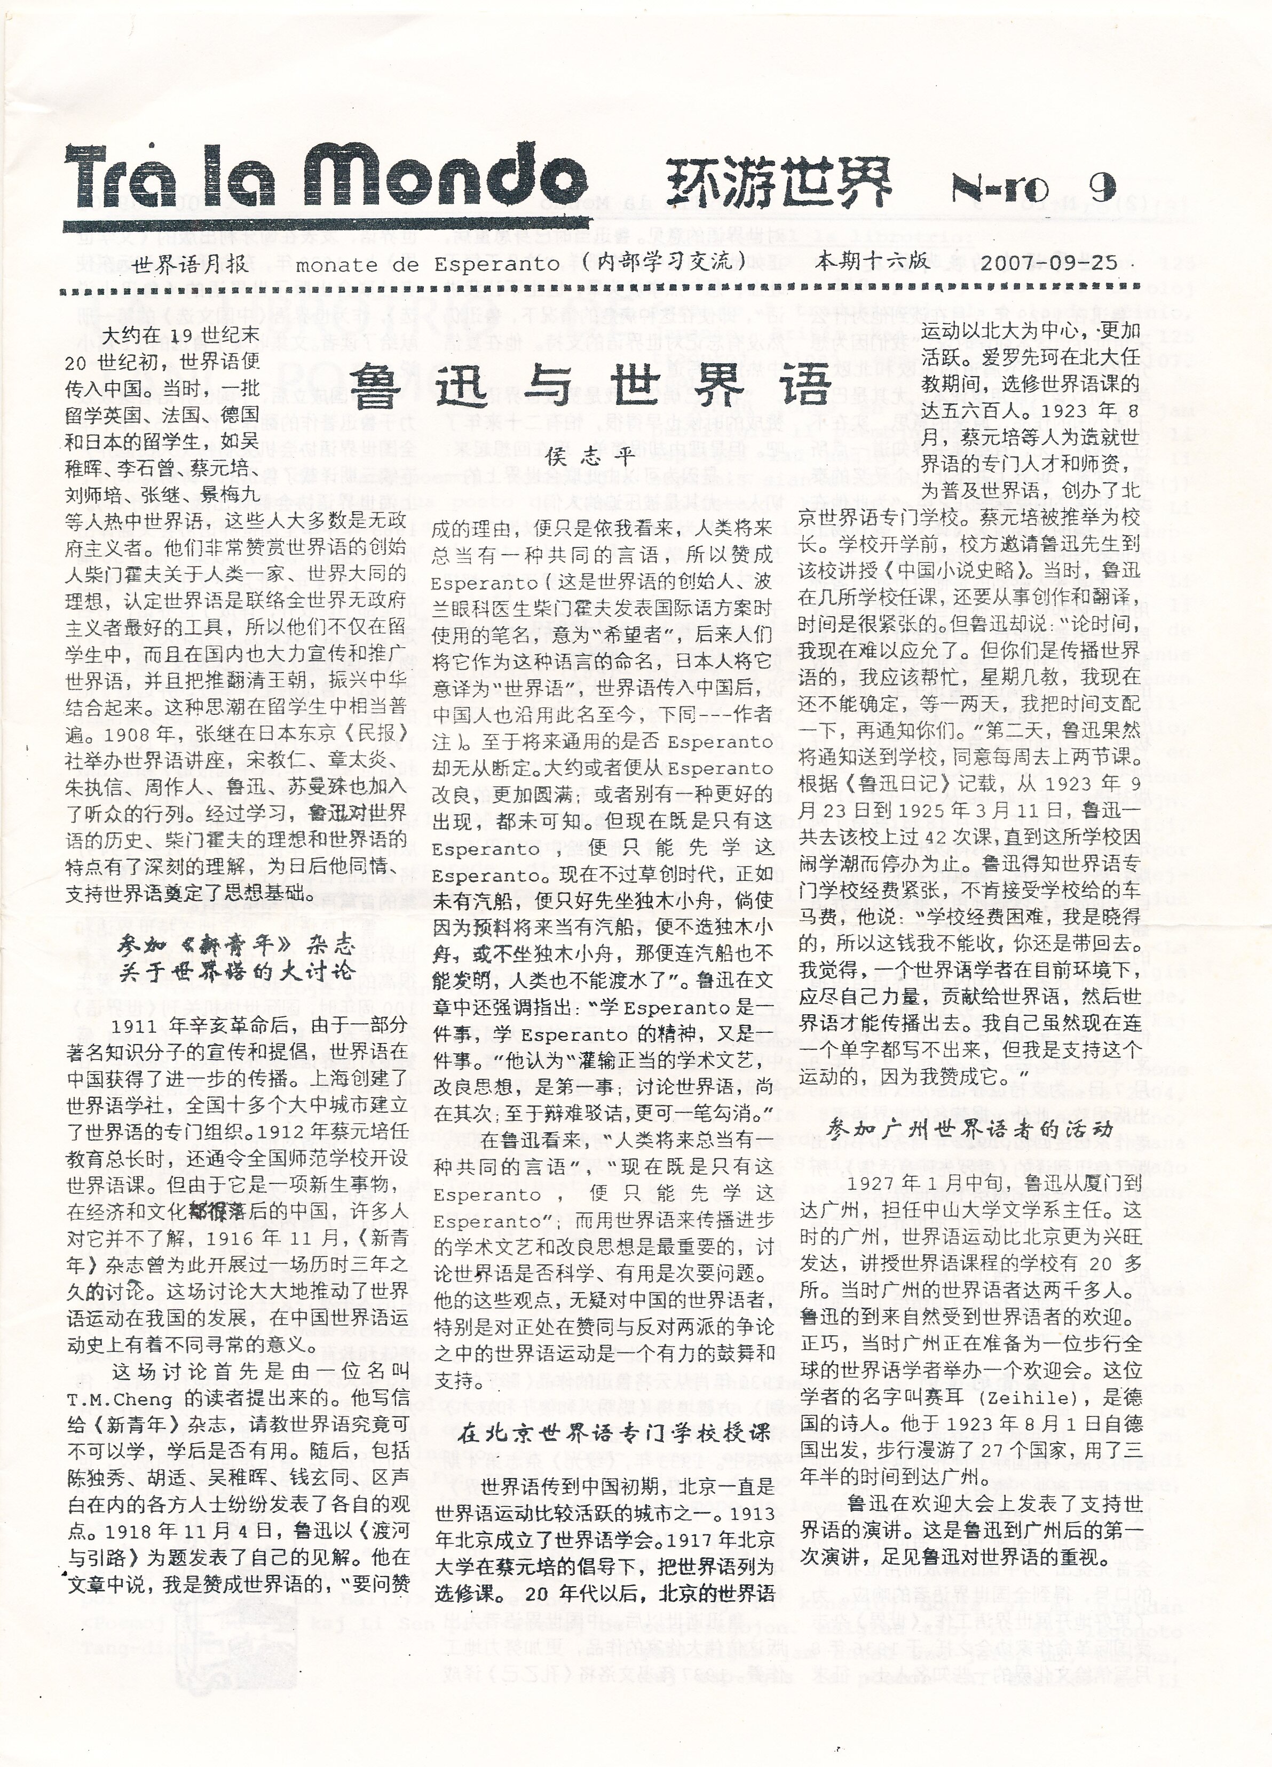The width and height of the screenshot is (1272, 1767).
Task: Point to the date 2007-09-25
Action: click(1049, 262)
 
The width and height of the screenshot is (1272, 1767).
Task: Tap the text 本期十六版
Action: click(871, 261)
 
